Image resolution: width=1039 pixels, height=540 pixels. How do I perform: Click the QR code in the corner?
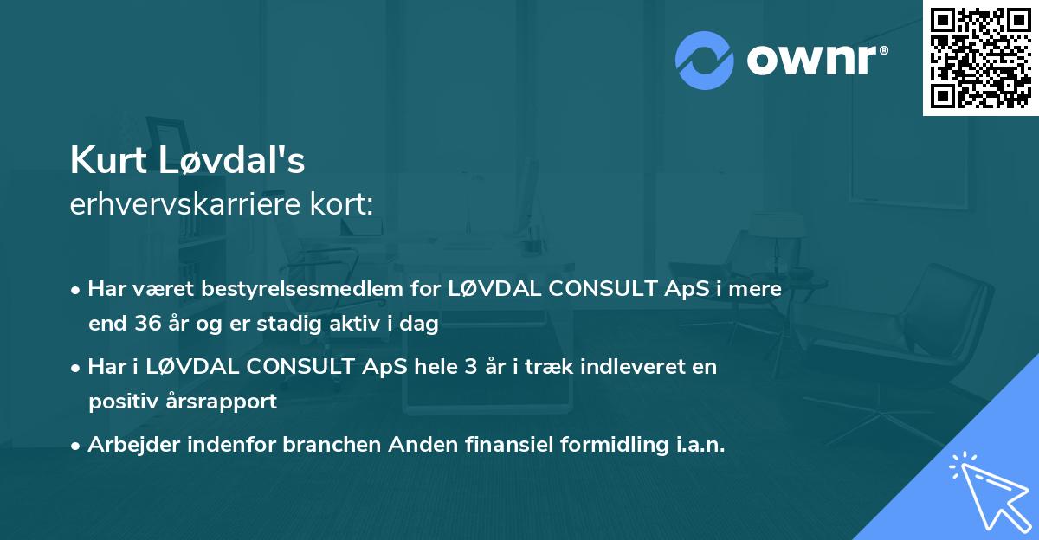[980, 57]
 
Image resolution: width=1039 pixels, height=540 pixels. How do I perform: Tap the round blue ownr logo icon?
[705, 61]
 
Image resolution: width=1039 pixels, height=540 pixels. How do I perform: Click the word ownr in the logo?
[816, 61]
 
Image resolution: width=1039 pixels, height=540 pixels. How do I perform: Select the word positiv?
[119, 402]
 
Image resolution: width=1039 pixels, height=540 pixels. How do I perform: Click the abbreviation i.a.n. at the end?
[697, 445]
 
